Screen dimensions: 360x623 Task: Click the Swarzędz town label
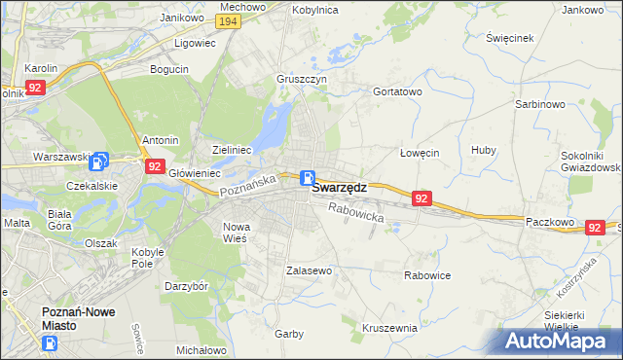tap(339, 191)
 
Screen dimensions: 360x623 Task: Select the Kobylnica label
tap(313, 9)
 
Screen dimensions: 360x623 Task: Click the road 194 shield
tap(229, 21)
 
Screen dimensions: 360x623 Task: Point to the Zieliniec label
tap(233, 150)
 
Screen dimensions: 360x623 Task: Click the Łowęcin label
tap(421, 153)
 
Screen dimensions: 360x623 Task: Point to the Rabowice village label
tap(427, 275)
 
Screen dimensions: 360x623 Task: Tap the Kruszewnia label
tap(389, 328)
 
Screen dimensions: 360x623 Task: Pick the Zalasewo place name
tap(310, 270)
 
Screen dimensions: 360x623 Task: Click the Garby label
tap(289, 333)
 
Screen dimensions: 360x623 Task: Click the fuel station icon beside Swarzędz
tap(308, 178)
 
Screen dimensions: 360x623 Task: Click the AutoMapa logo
tap(559, 342)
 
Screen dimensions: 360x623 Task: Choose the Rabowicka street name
tap(356, 212)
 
